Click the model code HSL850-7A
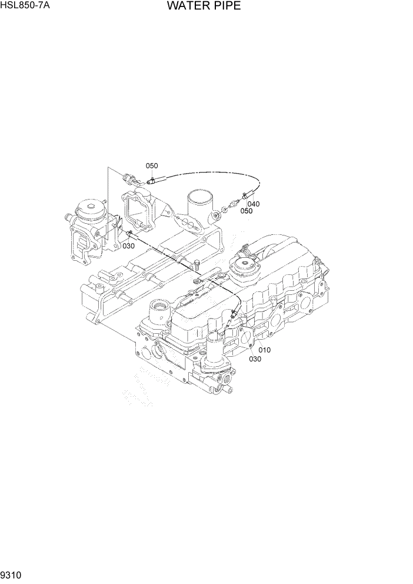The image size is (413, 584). pos(25,7)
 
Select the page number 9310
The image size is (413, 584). pos(12,575)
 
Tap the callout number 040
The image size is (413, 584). pos(253,204)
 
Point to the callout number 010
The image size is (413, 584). pos(264,350)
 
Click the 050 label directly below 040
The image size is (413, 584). pos(246,211)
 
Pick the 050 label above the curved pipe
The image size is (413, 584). pos(152,166)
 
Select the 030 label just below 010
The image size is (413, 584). pos(255,359)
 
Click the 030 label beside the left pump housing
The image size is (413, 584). pos(129,246)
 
